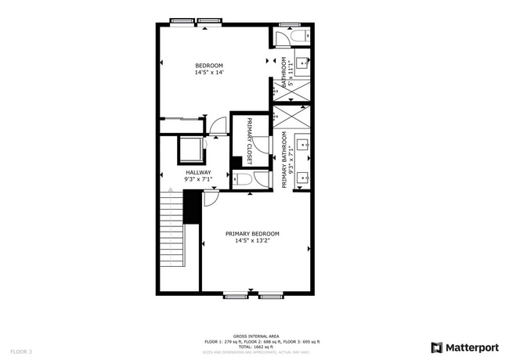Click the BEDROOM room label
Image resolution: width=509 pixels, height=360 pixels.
coord(209,65)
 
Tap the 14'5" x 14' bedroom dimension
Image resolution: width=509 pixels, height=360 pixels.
coord(209,73)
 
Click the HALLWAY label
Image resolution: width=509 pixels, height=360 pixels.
coord(197,172)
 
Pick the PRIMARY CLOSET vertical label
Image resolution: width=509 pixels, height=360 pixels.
coord(250,141)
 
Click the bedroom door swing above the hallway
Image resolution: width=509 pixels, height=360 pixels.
coord(218,125)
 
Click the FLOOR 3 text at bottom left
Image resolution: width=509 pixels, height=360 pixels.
coord(21,352)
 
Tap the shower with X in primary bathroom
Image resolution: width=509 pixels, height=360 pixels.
coord(291,117)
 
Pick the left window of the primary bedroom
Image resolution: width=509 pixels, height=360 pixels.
coord(236,295)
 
